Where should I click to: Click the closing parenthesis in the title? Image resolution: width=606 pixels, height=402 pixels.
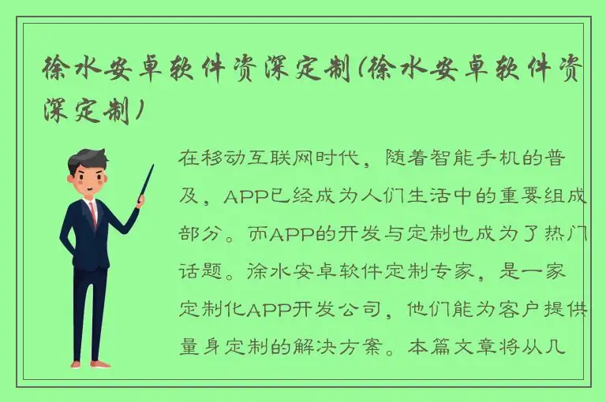(x=140, y=111)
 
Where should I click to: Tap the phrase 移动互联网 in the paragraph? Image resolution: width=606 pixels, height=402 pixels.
(x=247, y=158)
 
